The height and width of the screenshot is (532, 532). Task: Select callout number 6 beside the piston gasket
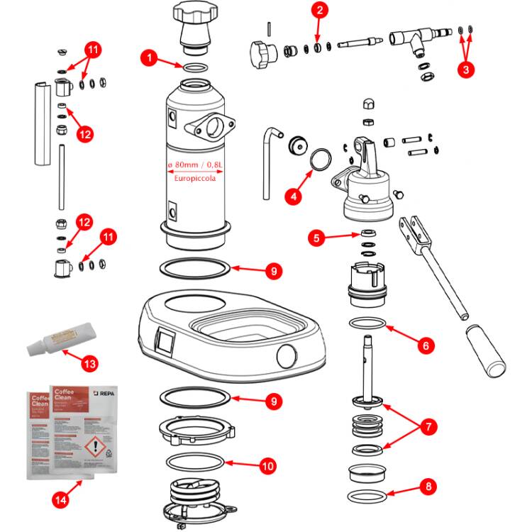click(424, 346)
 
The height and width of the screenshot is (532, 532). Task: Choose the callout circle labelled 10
click(267, 466)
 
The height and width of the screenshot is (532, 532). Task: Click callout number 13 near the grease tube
click(89, 364)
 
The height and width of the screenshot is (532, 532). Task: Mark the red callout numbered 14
click(62, 499)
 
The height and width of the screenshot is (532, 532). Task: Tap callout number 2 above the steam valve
click(320, 10)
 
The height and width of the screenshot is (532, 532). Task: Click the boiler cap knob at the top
click(193, 14)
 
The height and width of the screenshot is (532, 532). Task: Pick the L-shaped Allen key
click(269, 163)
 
